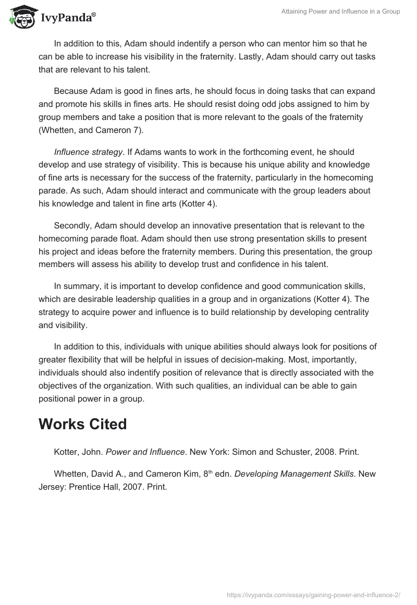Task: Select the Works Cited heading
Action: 82,424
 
